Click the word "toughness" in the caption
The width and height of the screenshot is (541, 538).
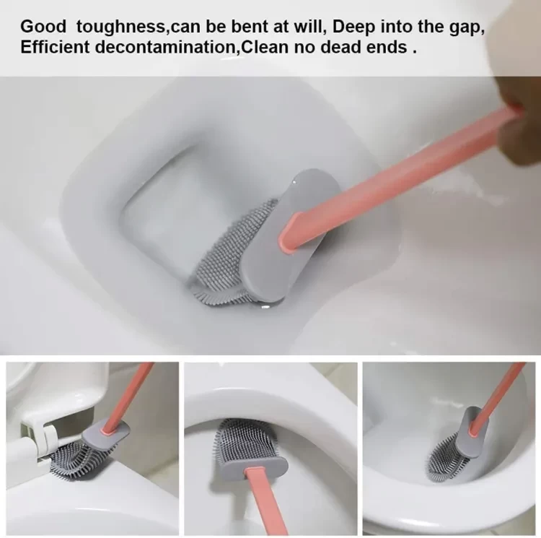[120, 27]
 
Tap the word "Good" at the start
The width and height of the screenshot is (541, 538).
[43, 26]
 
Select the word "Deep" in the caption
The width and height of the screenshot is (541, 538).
[353, 27]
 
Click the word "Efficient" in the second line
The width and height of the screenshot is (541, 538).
[55, 47]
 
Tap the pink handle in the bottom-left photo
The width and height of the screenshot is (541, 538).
[128, 397]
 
